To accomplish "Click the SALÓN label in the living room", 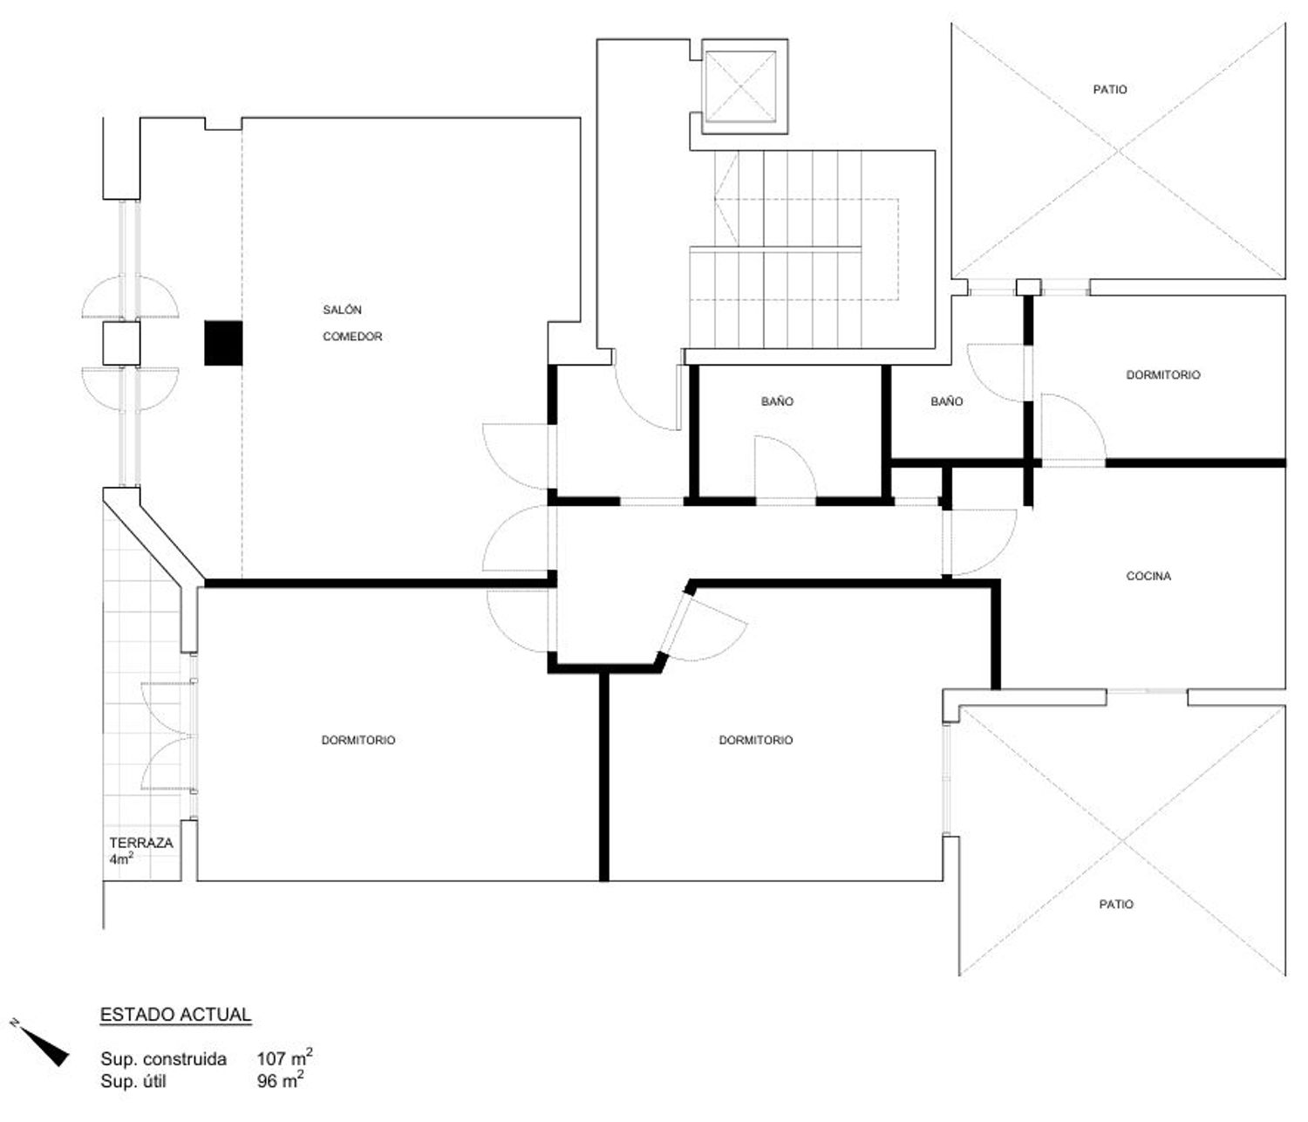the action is click(x=342, y=310).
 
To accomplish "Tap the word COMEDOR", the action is click(x=351, y=336).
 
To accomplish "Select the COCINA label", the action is click(x=1148, y=576).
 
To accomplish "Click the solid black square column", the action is click(x=222, y=343).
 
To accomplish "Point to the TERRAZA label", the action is click(x=140, y=843).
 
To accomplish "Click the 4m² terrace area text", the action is click(x=121, y=859).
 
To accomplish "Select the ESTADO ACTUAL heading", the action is click(x=175, y=1015).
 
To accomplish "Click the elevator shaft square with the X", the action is click(x=739, y=86).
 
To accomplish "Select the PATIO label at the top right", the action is click(x=1109, y=89).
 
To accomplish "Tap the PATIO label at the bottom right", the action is click(x=1115, y=904).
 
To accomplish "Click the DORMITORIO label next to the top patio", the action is click(x=1162, y=375).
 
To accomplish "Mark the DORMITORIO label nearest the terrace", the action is click(x=358, y=740).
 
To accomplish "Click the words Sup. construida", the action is click(x=163, y=1058).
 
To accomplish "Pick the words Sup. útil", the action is click(x=133, y=1081).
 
